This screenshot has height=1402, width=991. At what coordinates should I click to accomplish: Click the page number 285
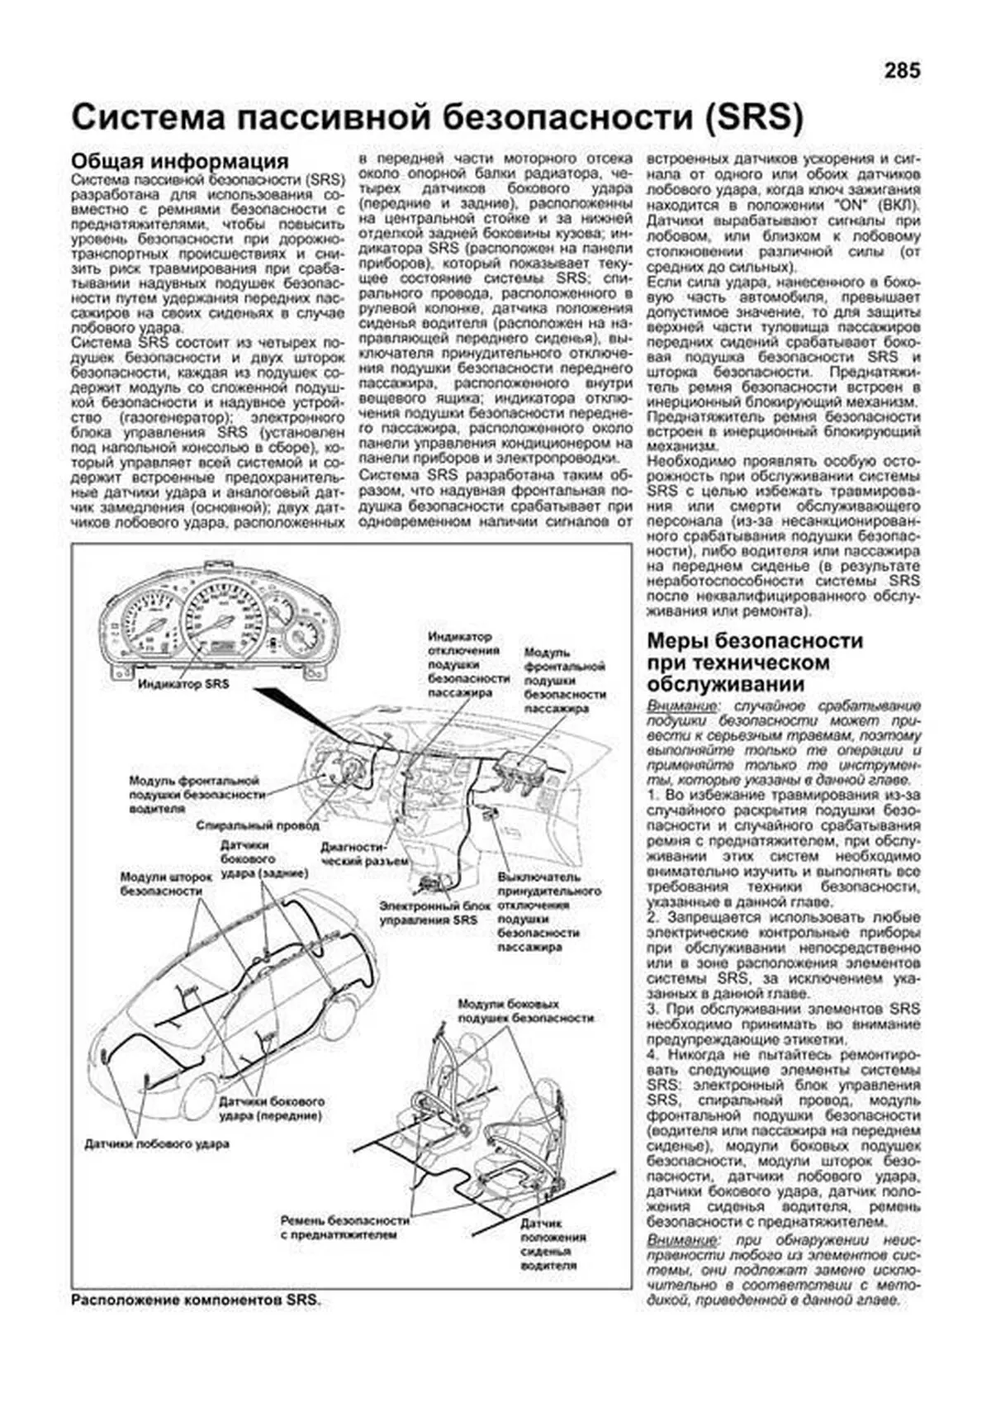901,71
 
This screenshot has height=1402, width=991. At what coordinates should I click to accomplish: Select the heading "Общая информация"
180,161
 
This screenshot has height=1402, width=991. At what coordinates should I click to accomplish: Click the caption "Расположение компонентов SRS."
197,1300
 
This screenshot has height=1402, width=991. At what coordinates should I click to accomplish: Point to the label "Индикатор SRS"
183,684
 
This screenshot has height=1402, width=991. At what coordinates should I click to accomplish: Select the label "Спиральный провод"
258,825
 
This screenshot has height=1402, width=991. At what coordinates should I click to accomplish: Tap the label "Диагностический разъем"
364,854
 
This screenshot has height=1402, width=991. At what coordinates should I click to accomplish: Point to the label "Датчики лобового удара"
157,1144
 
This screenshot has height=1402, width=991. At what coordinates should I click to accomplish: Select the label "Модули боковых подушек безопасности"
526,1011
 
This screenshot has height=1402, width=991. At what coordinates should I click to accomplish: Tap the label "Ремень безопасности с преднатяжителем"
344,1227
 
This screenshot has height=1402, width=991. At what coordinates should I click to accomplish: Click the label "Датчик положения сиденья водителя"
553,1243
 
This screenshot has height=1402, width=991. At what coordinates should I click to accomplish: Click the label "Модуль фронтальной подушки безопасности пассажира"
565,681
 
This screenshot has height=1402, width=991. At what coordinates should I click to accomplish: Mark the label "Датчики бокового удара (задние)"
264,859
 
